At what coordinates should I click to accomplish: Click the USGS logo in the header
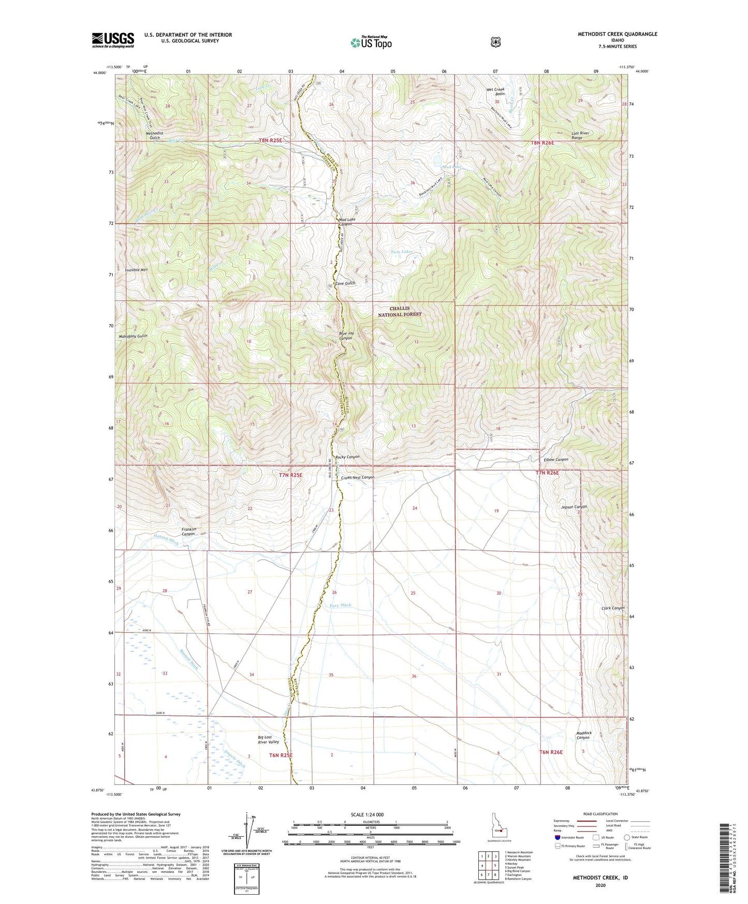[x=113, y=40]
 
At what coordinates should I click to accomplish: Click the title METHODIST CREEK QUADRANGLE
[x=617, y=34]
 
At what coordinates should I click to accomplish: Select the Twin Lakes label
[x=401, y=252]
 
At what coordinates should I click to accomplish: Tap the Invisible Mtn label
[x=136, y=270]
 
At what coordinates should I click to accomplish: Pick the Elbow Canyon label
[x=556, y=460]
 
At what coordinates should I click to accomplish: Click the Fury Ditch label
[x=340, y=605]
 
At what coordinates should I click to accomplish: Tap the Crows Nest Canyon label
[x=357, y=477]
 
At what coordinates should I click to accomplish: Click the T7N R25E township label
[x=290, y=474]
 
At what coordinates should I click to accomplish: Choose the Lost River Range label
[x=580, y=136]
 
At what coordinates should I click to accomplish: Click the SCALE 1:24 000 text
[x=367, y=814]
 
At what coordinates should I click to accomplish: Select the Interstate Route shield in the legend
[x=557, y=837]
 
